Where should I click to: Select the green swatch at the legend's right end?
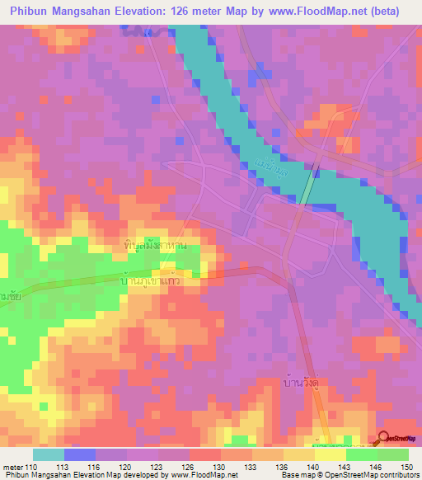point(393,454)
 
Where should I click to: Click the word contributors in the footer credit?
point(393,475)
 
